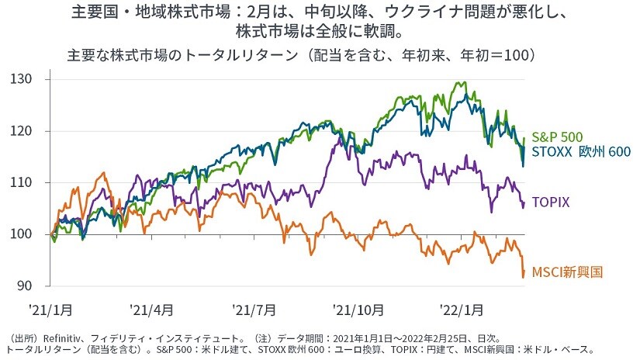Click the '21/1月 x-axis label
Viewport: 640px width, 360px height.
(51, 309)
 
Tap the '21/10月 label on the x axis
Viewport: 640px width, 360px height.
(359, 309)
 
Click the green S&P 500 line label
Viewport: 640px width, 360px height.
(557, 137)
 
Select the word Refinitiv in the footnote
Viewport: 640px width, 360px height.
(67, 337)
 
